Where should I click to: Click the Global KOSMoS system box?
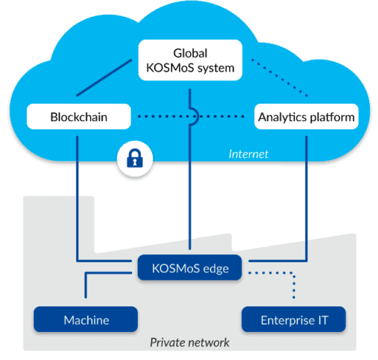[190, 60]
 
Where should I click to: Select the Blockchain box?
[79, 117]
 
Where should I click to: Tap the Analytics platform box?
[306, 117]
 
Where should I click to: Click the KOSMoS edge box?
[189, 267]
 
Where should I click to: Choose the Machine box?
[86, 320]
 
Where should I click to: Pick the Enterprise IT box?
[294, 320]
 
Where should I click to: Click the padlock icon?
[135, 159]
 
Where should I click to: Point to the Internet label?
[248, 154]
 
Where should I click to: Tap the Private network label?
[189, 342]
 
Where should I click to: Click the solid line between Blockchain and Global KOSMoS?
[104, 78]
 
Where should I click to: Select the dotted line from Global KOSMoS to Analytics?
[280, 78]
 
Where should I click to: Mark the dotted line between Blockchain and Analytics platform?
[191, 117]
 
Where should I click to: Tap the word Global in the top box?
[190, 53]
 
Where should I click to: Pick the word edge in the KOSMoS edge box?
[216, 269]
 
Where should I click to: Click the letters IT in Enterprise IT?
[323, 320]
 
